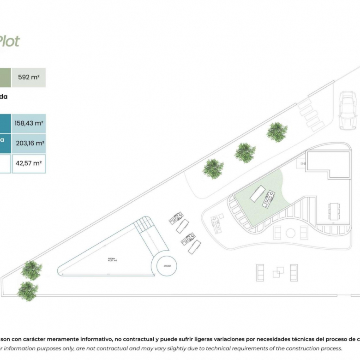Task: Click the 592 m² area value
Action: pos(29,77)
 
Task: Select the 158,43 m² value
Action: pos(29,123)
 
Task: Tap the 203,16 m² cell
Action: pos(29,143)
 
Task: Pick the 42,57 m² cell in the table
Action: pos(29,163)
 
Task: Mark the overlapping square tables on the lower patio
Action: pos(278,272)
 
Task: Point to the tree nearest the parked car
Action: pos(277,132)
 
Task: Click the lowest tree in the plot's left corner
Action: pos(28,291)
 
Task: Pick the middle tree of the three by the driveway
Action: pos(245,152)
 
